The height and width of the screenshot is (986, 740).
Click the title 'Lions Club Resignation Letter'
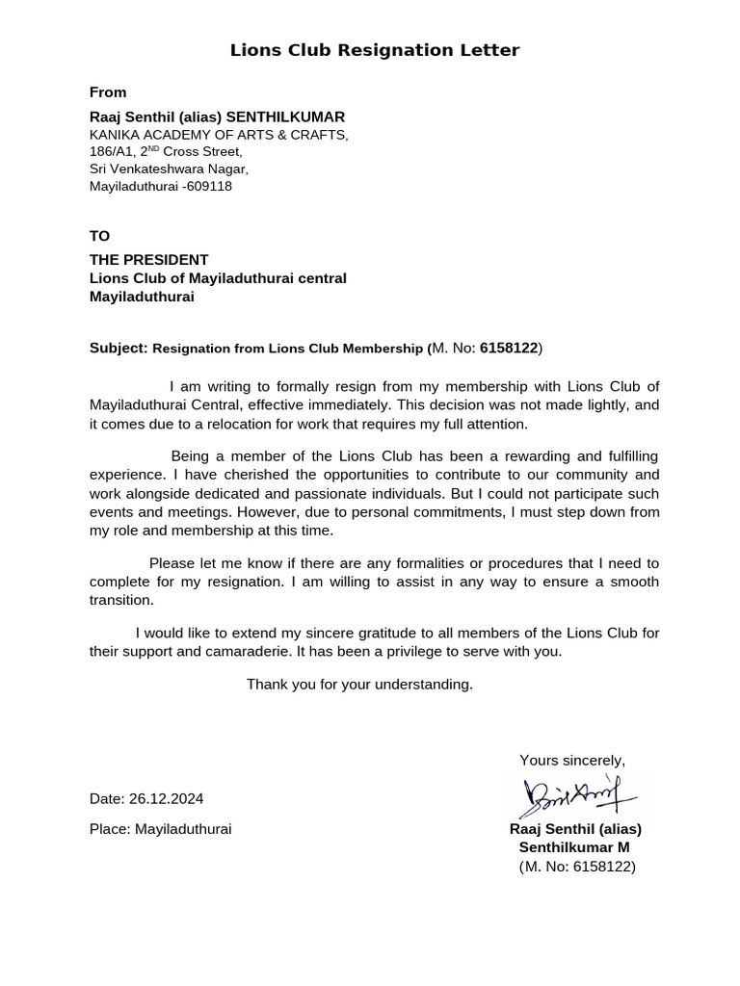point(374,50)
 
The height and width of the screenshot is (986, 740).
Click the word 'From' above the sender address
point(108,92)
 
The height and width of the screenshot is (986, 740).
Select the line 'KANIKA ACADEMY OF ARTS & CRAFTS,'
point(219,135)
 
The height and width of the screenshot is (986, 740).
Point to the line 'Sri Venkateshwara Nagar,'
point(169,169)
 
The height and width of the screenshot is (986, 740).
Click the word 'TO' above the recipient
point(100,236)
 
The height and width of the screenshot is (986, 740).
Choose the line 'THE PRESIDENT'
point(148,260)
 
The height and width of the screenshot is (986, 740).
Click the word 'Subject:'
point(119,347)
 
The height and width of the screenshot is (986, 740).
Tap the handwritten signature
point(574,792)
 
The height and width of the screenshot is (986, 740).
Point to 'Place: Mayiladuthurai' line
point(160,829)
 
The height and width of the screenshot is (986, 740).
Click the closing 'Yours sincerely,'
point(572,761)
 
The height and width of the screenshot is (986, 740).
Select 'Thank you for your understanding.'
point(359,685)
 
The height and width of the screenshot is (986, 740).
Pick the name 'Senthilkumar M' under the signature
point(574,847)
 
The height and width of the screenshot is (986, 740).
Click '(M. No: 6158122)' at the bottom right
point(576,867)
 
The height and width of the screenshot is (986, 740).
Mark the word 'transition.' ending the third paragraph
point(121,600)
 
